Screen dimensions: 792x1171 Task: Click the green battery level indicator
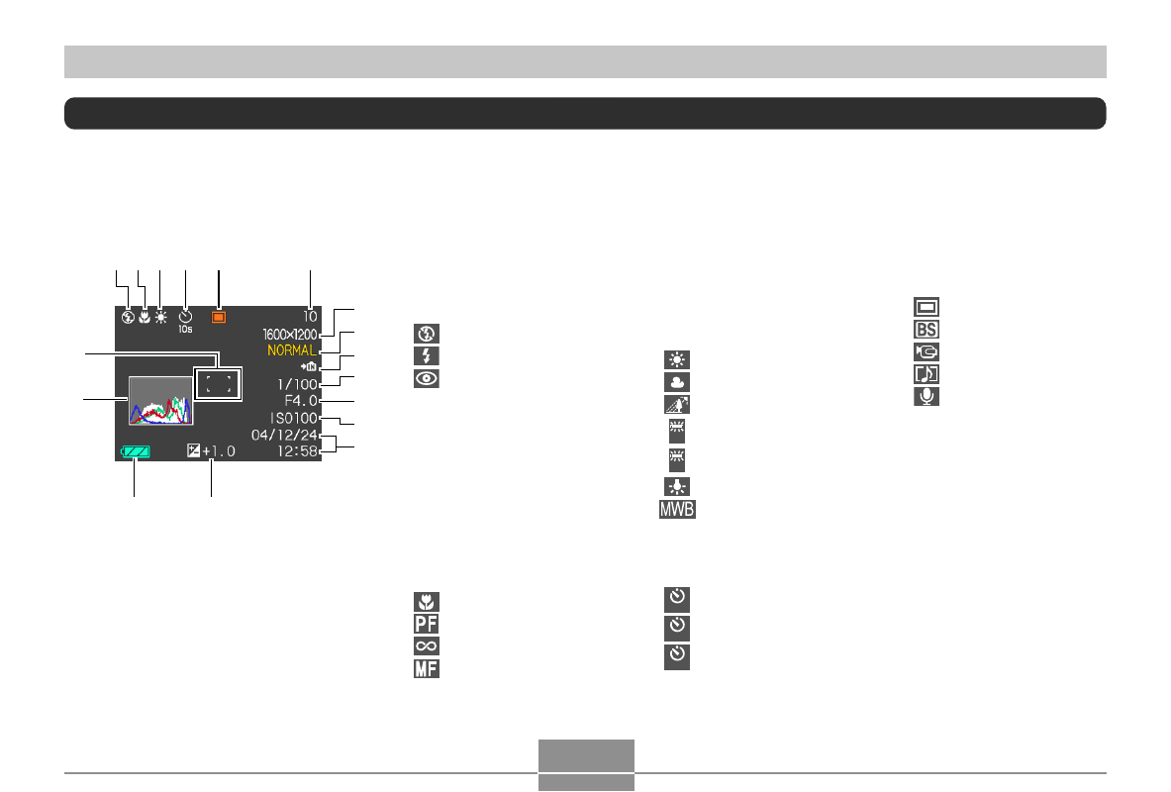pos(134,451)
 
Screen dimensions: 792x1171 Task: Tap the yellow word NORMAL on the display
pos(291,350)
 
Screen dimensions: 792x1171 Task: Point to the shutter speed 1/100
pos(296,383)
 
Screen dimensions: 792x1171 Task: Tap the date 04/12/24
pos(285,436)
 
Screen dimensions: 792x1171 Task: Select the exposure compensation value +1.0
pos(219,451)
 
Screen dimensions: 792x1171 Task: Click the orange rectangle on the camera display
pos(219,318)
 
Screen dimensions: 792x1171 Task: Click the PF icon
pos(427,624)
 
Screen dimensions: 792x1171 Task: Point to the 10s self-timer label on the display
pos(185,329)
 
